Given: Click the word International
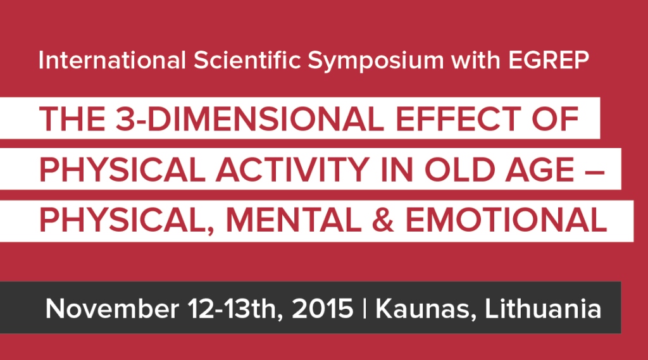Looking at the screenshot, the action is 112,60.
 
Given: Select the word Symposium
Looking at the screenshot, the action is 376,61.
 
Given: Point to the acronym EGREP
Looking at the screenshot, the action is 549,60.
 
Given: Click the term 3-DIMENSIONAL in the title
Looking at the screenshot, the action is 249,118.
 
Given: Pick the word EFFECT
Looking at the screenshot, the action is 458,118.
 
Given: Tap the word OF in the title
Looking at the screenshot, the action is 555,118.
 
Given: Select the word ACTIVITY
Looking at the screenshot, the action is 292,170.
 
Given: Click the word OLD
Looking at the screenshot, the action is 459,170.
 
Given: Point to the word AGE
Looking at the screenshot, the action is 539,170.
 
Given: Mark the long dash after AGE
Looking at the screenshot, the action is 595,170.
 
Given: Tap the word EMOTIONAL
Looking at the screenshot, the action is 506,220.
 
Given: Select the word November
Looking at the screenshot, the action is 112,308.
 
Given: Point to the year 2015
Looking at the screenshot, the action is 322,308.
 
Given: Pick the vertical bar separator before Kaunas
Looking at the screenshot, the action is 364,309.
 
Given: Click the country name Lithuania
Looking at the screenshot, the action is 542,308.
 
